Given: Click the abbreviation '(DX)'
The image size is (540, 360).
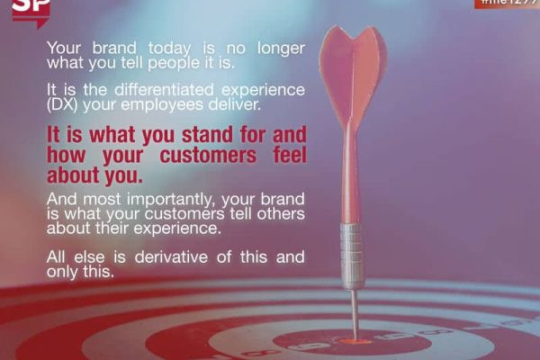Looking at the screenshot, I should pyautogui.click(x=64, y=105).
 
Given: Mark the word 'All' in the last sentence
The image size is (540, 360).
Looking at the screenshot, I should pyautogui.click(x=58, y=257).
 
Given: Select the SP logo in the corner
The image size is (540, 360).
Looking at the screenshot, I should pyautogui.click(x=30, y=11).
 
